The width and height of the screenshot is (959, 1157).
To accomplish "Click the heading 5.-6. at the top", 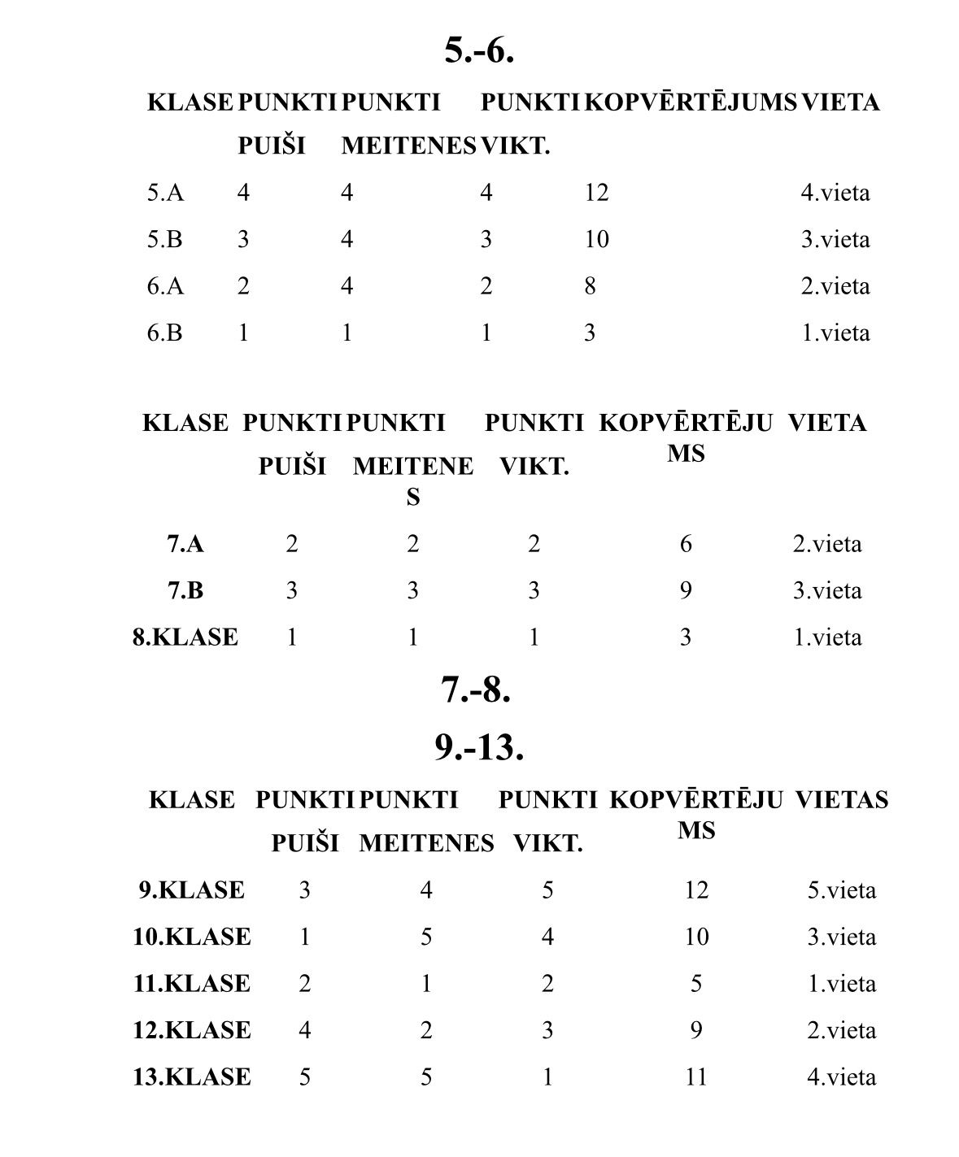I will [479, 50].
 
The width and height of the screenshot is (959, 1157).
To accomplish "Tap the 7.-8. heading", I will [476, 689].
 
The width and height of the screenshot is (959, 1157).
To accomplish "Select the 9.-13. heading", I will [478, 747].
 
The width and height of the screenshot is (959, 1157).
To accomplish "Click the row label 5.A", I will [165, 194].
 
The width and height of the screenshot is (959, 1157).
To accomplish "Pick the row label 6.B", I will [165, 333].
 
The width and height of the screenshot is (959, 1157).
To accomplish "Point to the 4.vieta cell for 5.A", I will [835, 194].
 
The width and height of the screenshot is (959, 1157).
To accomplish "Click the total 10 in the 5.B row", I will [596, 240].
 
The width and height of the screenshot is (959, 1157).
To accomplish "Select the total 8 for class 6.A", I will [590, 286].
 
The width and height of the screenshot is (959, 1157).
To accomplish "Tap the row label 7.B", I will [185, 591].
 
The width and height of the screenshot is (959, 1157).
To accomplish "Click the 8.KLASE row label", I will [185, 637].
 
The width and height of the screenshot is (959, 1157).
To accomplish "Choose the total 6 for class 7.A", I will [686, 545].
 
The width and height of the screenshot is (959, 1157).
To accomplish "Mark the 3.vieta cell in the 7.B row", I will [826, 591].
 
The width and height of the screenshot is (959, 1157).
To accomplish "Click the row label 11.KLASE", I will [192, 985].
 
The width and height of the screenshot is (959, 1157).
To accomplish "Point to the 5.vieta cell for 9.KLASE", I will [841, 891].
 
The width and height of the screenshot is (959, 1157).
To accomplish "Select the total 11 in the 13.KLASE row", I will [696, 1078].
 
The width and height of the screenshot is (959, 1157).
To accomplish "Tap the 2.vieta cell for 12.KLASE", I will [841, 1031].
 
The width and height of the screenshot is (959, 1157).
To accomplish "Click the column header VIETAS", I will [841, 800].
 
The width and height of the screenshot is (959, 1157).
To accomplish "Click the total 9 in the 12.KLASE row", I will [696, 1031].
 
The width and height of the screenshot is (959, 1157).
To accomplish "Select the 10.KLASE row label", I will [192, 937].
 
